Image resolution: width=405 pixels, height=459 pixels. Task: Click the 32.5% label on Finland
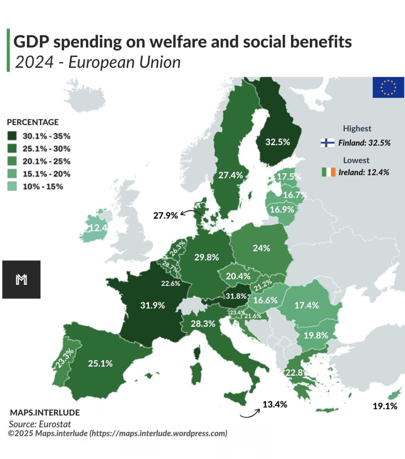278,142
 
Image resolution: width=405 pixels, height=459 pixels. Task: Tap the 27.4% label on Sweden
230,175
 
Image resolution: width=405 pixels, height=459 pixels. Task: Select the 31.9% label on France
153,305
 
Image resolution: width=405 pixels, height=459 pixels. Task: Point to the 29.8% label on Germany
206,257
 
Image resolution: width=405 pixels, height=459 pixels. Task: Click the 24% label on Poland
261,248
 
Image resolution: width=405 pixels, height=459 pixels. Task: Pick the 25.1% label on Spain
100,363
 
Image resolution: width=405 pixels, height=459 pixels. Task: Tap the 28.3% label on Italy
203,324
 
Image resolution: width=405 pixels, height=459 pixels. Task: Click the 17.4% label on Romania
307,305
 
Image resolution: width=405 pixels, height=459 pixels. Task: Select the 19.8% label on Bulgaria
316,335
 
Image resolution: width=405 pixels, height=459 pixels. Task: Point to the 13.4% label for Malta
275,405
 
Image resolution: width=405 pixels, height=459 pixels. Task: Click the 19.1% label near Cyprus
385,406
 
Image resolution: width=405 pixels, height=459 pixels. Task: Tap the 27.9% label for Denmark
165,215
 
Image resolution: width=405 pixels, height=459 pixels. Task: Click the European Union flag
388,87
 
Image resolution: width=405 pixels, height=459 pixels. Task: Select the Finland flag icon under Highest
328,143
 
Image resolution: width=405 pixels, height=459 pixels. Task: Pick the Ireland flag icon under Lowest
328,172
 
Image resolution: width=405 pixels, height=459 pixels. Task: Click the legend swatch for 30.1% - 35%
12,136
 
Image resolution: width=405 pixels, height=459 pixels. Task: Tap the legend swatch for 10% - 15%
12,186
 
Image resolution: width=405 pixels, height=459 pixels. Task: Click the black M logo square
21,279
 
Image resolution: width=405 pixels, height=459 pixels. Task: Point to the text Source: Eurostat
40,424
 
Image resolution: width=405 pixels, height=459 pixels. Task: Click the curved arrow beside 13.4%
250,413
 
